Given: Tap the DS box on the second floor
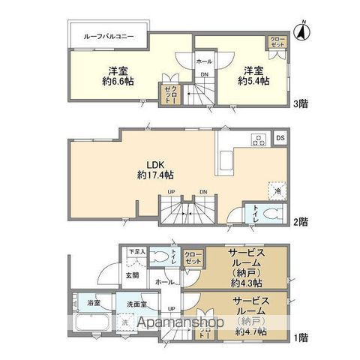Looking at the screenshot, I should click(280, 138).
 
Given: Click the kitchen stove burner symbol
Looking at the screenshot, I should click(258, 139).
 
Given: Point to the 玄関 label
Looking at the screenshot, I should click(132, 275).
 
